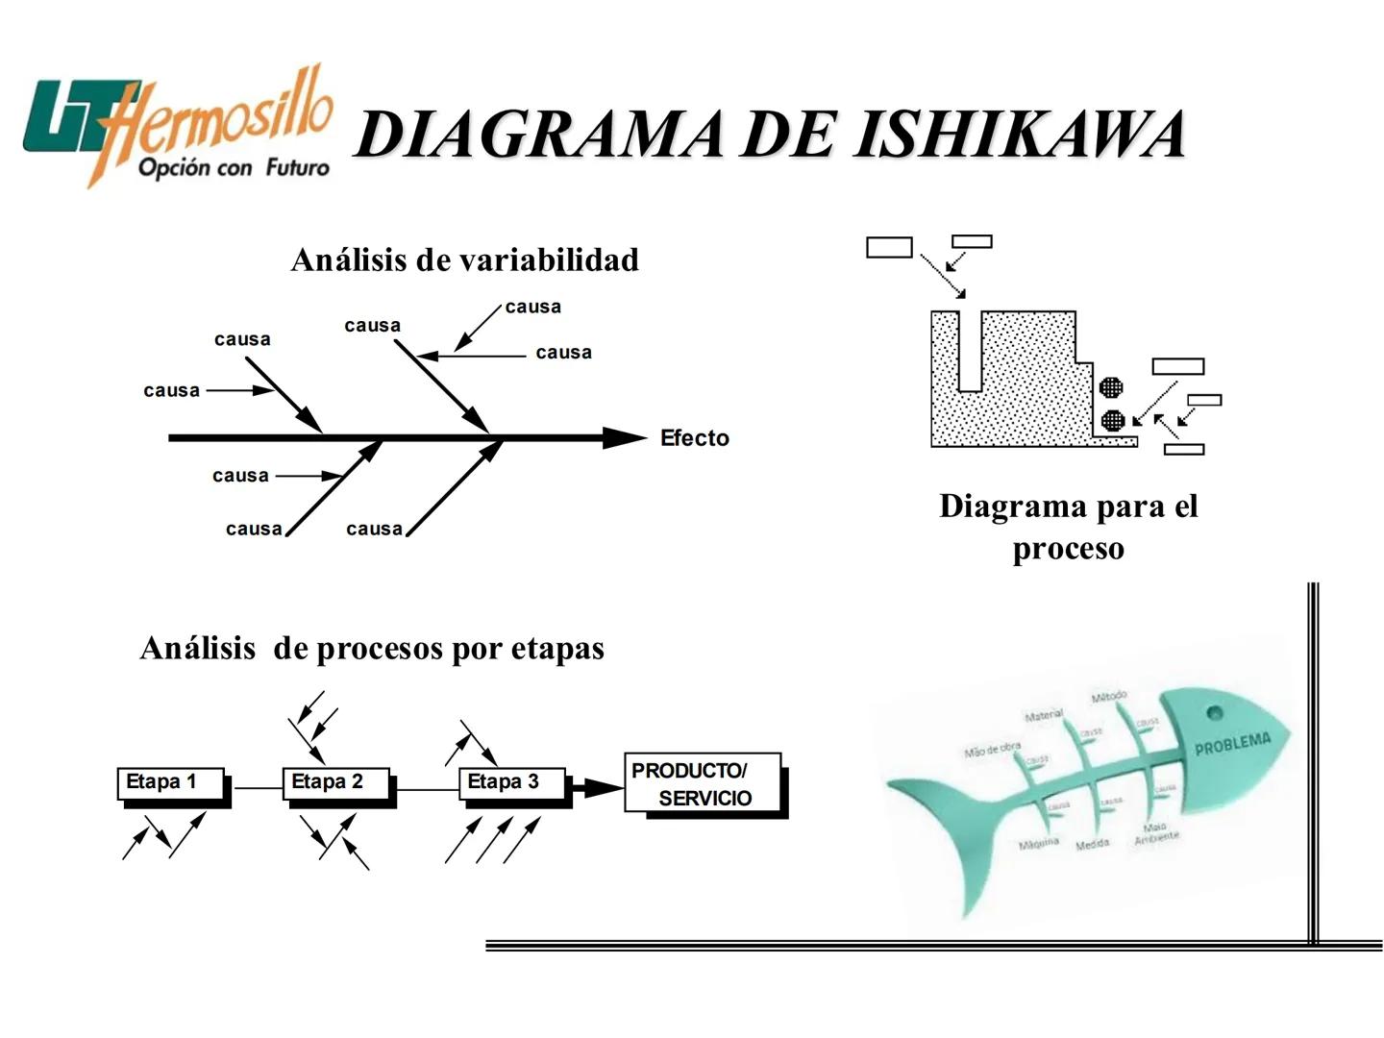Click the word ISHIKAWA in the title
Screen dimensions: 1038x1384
click(1019, 135)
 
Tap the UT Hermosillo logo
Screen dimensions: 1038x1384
click(178, 125)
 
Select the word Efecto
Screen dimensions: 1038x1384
click(694, 438)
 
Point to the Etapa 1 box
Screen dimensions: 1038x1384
click(170, 782)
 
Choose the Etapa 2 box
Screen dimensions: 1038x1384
click(335, 782)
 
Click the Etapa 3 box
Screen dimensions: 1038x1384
click(511, 782)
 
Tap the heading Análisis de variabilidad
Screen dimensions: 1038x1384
click(464, 259)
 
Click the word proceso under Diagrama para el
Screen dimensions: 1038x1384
click(1068, 549)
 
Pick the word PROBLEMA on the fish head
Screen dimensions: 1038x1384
click(1232, 743)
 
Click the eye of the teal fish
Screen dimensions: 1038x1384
click(1214, 713)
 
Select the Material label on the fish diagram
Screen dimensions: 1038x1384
click(1044, 715)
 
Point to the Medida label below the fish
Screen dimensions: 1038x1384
click(1092, 845)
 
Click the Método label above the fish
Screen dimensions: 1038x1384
click(1109, 696)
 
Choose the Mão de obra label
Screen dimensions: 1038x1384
click(993, 749)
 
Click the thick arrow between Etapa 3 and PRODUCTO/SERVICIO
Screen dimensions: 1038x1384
click(596, 788)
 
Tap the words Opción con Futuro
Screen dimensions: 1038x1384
click(234, 168)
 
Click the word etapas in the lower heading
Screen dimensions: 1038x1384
click(557, 649)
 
